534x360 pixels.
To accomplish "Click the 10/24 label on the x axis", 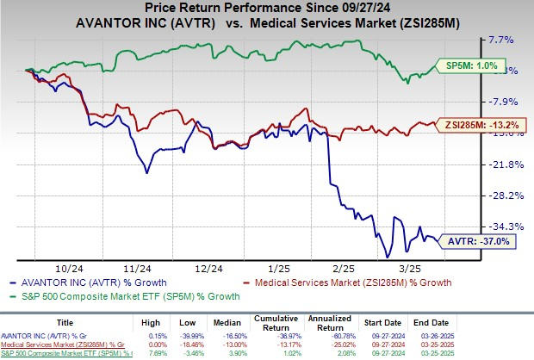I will [65, 269].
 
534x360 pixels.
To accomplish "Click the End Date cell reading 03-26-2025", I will [456, 334].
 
